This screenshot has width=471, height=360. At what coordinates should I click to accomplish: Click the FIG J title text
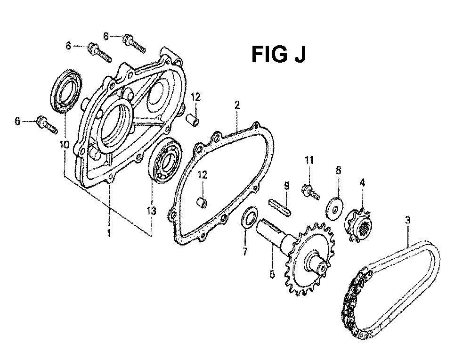pyautogui.click(x=278, y=54)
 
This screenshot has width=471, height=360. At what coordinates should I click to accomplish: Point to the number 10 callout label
pyautogui.click(x=65, y=145)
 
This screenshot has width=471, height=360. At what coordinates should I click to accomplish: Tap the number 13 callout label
pyautogui.click(x=151, y=211)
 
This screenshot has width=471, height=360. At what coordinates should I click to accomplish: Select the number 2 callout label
pyautogui.click(x=237, y=105)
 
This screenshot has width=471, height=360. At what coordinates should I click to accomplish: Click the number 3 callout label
pyautogui.click(x=407, y=221)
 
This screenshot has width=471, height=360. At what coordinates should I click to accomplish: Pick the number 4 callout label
pyautogui.click(x=363, y=182)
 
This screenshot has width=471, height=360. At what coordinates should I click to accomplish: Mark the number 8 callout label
pyautogui.click(x=338, y=171)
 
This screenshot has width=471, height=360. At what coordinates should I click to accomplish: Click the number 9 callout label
pyautogui.click(x=286, y=186)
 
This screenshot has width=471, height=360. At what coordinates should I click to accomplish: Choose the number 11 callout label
pyautogui.click(x=309, y=160)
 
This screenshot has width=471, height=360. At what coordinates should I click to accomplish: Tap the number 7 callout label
pyautogui.click(x=245, y=251)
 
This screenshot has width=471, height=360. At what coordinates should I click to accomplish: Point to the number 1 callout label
pyautogui.click(x=109, y=233)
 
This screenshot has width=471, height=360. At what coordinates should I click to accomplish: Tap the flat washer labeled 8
pyautogui.click(x=334, y=208)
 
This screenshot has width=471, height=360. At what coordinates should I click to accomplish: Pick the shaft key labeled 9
pyautogui.click(x=280, y=207)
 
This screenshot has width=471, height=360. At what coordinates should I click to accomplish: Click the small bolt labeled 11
pyautogui.click(x=310, y=192)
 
